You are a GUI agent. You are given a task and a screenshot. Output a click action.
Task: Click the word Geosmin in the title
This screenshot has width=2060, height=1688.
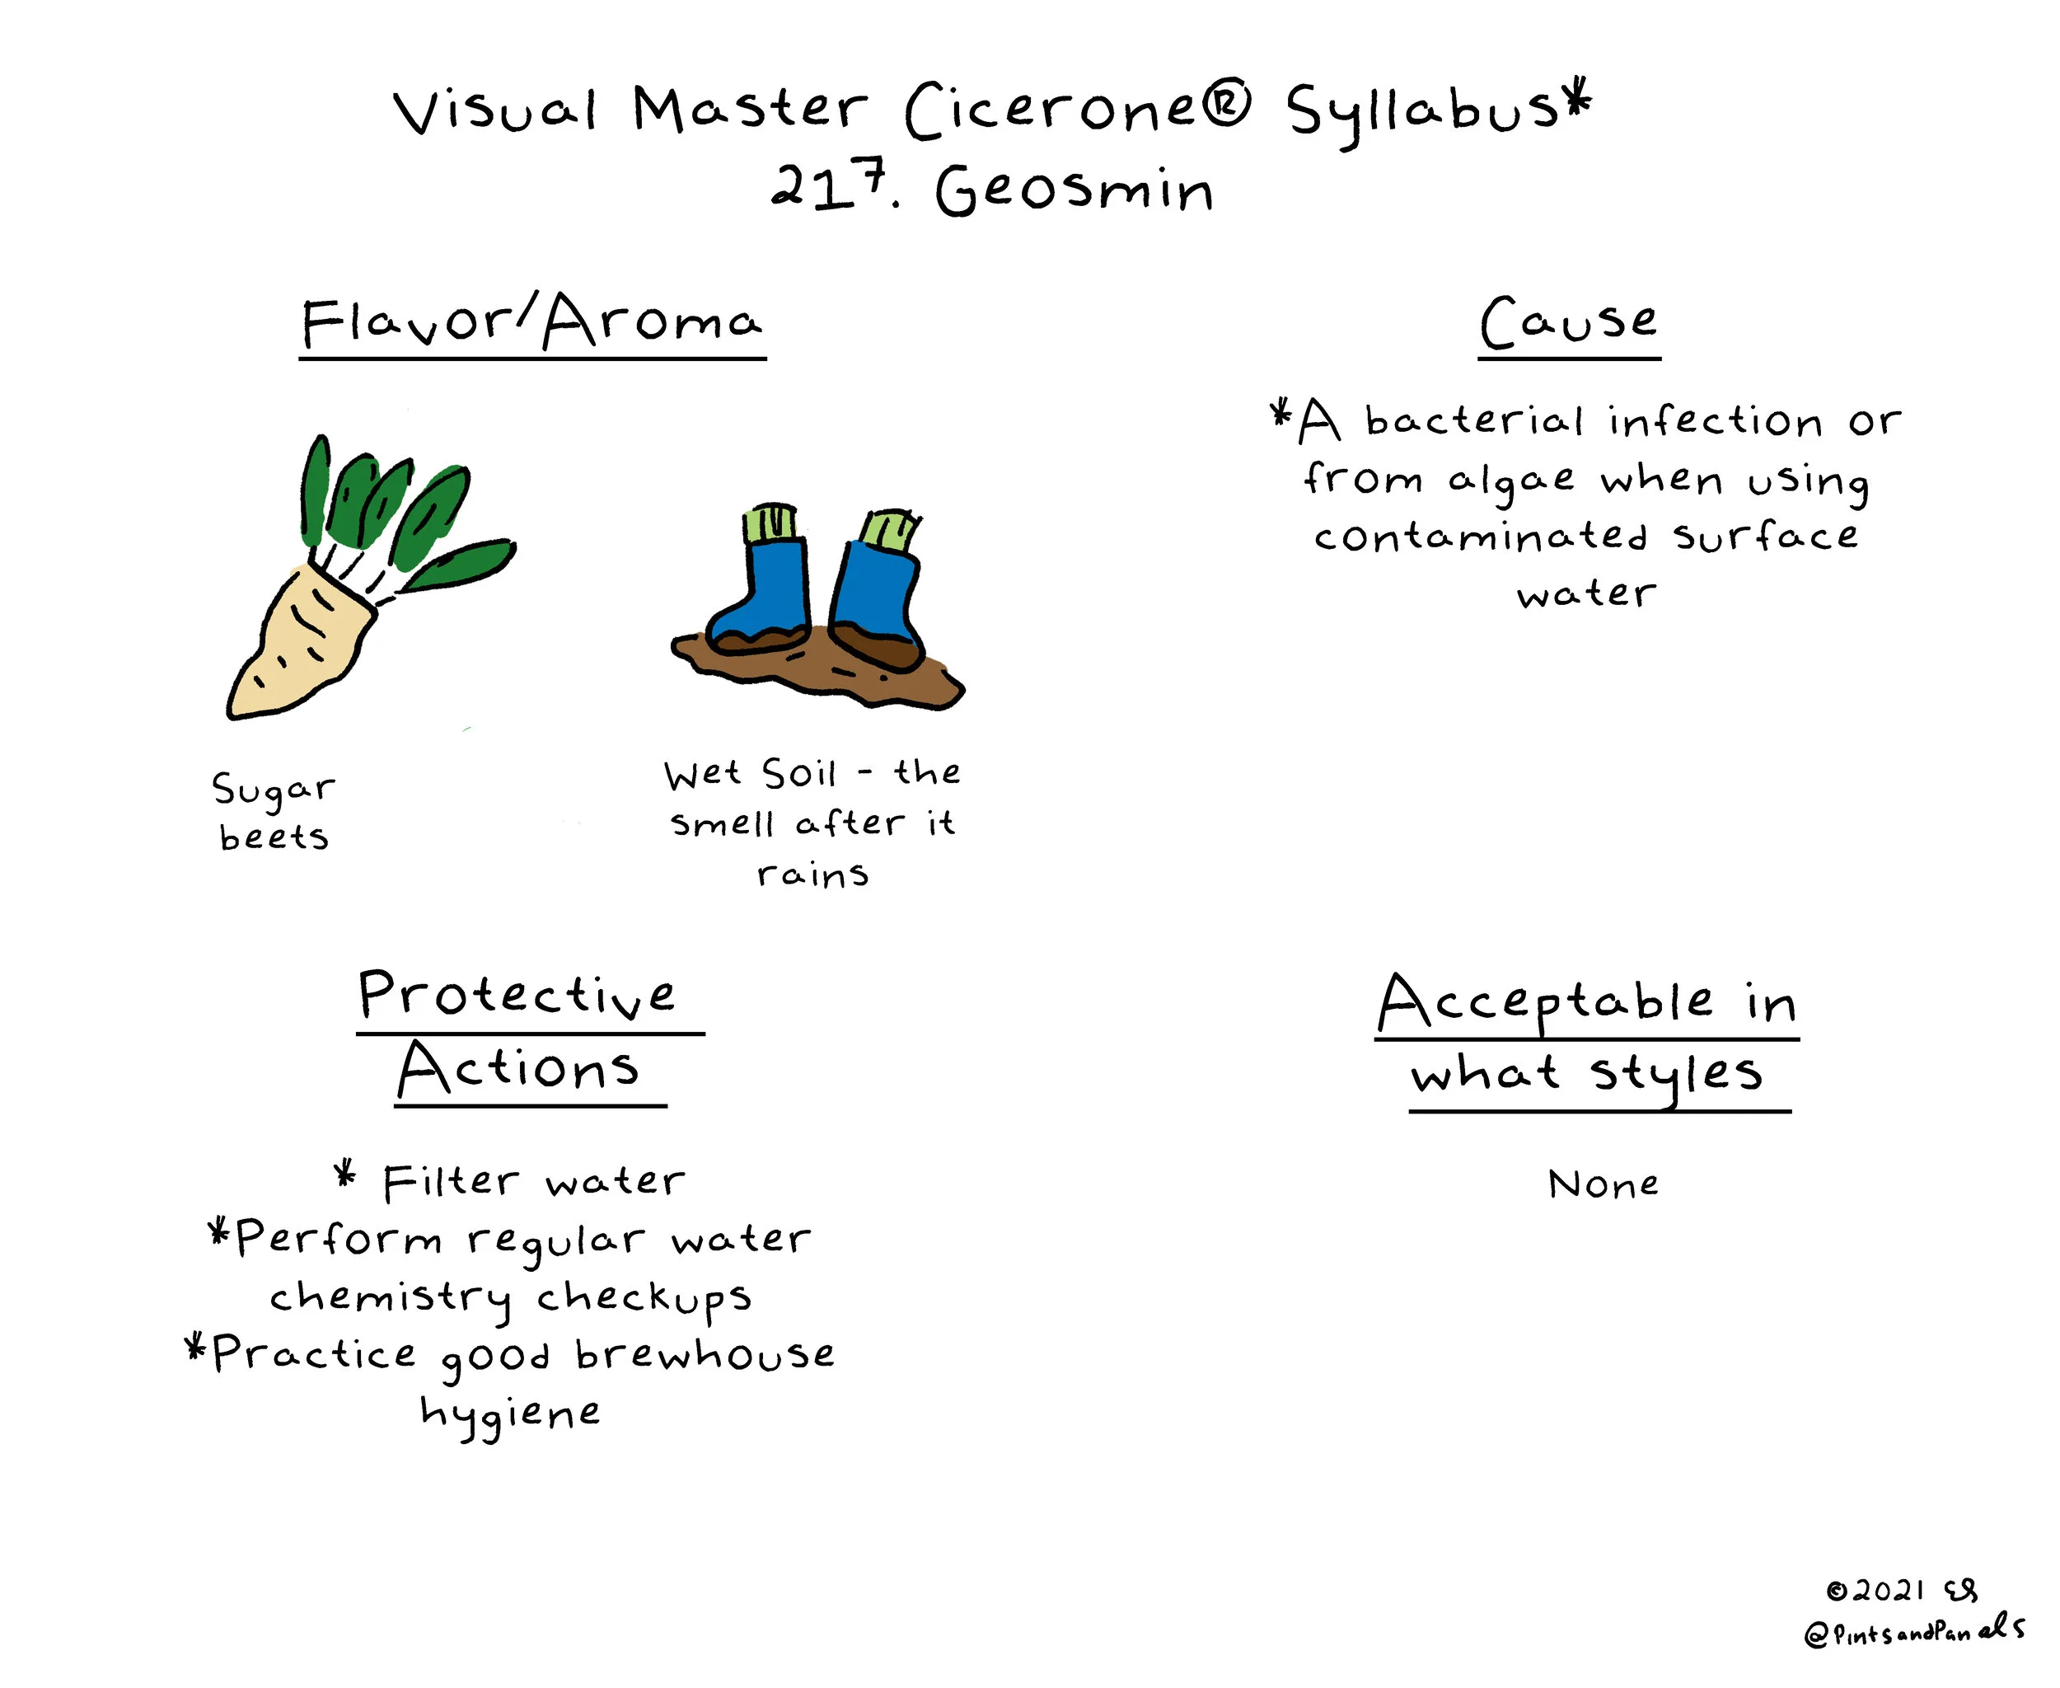(x=1074, y=189)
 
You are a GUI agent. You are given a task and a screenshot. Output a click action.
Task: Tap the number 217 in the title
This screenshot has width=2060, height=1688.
(x=829, y=185)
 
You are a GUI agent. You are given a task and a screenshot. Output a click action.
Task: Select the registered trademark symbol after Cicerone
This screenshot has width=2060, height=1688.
(x=1227, y=105)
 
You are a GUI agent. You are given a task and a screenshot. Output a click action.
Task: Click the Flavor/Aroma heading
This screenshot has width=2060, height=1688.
(x=531, y=323)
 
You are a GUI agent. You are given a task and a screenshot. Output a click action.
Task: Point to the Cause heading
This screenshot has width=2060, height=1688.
(x=1568, y=323)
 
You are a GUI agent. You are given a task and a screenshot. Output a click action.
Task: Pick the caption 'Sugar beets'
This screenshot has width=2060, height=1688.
(x=274, y=811)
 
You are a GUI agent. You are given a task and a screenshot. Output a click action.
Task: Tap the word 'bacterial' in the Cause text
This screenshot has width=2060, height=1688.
(x=1474, y=420)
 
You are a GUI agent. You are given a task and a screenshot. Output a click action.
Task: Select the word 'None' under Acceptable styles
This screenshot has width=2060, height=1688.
(x=1603, y=1184)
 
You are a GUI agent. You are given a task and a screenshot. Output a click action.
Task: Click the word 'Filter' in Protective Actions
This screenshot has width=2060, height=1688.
(x=450, y=1181)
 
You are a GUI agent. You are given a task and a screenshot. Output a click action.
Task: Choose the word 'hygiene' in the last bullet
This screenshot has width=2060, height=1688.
(x=510, y=1414)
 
